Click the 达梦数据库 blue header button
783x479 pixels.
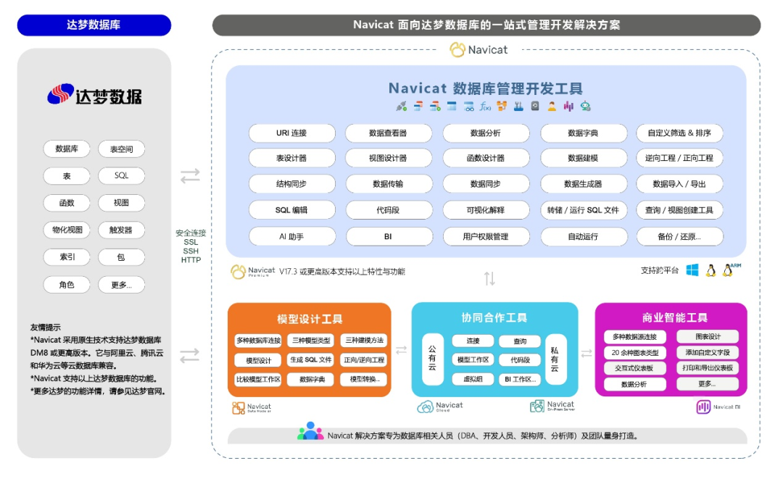tap(94, 25)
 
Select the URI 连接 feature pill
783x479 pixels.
tap(292, 133)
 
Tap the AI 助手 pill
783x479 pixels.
tap(292, 237)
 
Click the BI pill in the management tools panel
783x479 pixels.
tap(389, 237)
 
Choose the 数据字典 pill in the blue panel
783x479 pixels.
tap(583, 133)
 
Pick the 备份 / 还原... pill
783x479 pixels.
tap(679, 237)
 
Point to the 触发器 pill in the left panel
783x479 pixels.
tap(121, 230)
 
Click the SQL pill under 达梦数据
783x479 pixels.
tap(121, 176)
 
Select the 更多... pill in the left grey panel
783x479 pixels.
tap(121, 285)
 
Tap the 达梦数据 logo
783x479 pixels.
tap(94, 95)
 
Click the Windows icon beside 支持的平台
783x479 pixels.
tap(692, 270)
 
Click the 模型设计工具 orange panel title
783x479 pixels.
tap(310, 319)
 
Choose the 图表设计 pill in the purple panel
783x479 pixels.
tap(708, 337)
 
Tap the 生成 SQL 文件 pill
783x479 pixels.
tap(310, 360)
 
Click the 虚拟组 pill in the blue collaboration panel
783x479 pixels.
tap(472, 379)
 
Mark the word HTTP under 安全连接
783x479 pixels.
tap(191, 260)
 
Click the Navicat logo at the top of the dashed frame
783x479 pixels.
tap(478, 50)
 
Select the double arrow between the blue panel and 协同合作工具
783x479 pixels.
tap(489, 279)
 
